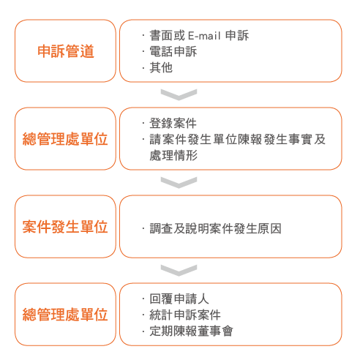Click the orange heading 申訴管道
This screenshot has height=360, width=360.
[66, 51]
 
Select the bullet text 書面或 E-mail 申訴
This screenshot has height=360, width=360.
[199, 35]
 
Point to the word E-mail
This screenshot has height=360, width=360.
[204, 36]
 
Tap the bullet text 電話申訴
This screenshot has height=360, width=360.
[173, 51]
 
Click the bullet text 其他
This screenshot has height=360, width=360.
[161, 67]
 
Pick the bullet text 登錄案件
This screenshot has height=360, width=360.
[173, 123]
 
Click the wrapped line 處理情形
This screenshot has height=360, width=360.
[173, 155]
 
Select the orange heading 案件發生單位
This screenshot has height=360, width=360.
[65, 227]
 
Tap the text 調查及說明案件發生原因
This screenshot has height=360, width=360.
[215, 228]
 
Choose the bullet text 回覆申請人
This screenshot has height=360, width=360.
[179, 299]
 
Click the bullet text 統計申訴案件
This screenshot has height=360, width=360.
[185, 315]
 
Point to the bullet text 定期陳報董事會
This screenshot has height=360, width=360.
[191, 331]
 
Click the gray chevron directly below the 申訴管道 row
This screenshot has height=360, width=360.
[179, 95]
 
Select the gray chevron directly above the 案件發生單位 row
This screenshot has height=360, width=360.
[179, 183]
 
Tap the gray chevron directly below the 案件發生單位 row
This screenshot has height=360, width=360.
[179, 271]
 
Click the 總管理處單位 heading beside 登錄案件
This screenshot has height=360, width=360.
[65, 139]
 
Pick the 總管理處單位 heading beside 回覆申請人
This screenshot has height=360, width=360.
[65, 315]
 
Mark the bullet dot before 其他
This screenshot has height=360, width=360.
[143, 68]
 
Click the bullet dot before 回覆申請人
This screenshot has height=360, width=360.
[143, 299]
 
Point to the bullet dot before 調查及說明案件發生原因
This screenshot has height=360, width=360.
[143, 229]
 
